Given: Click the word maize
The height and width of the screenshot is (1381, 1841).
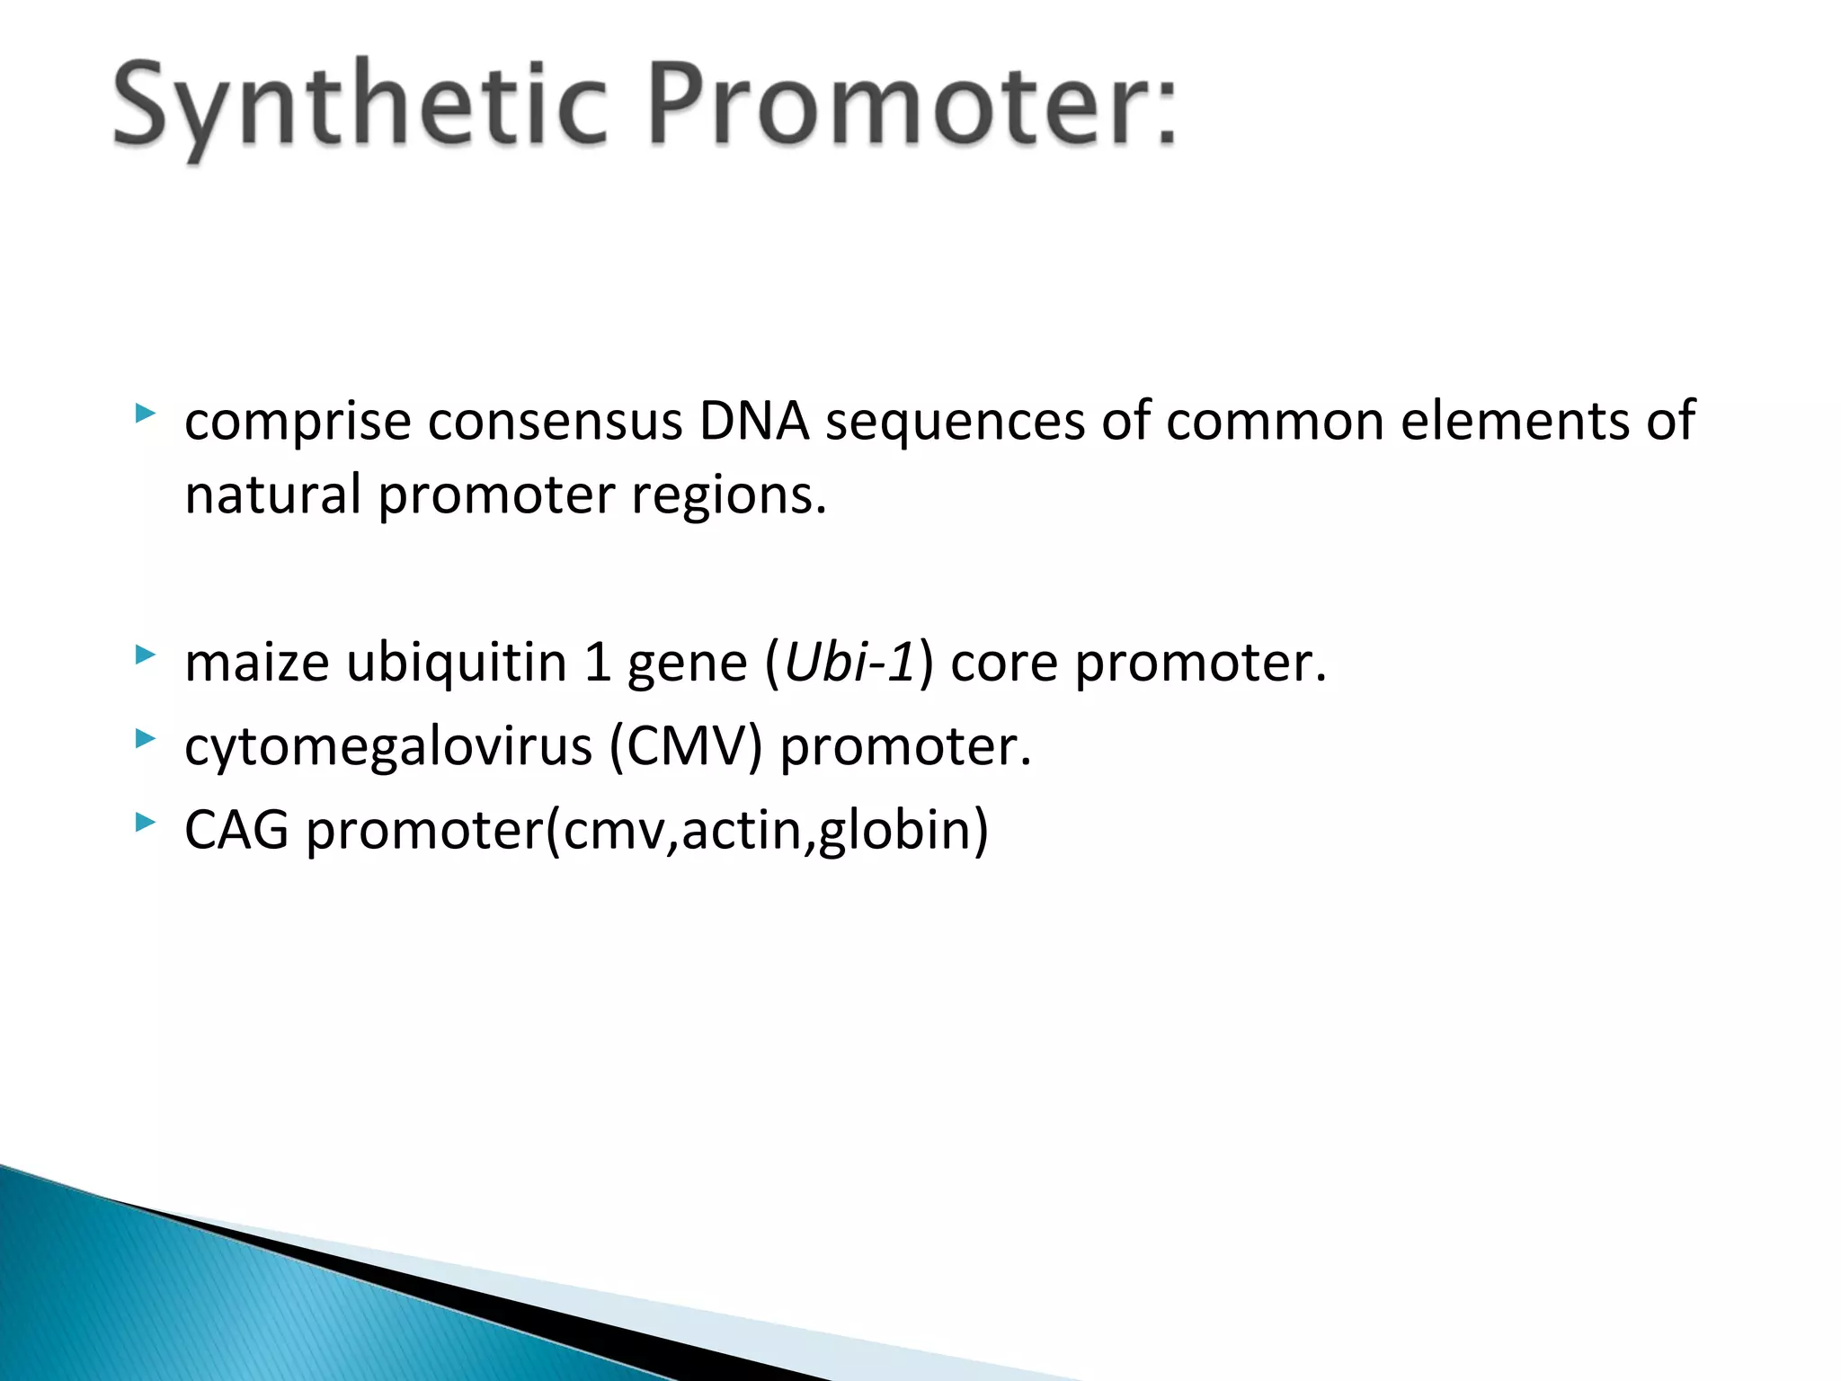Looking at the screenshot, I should [257, 664].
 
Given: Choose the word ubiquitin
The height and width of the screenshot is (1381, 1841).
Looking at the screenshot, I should [456, 664].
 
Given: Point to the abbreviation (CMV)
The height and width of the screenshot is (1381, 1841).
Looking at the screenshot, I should [686, 747].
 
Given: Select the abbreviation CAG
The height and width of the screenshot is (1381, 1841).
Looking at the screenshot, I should [236, 830].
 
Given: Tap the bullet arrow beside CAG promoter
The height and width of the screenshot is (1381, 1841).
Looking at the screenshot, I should [145, 821].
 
